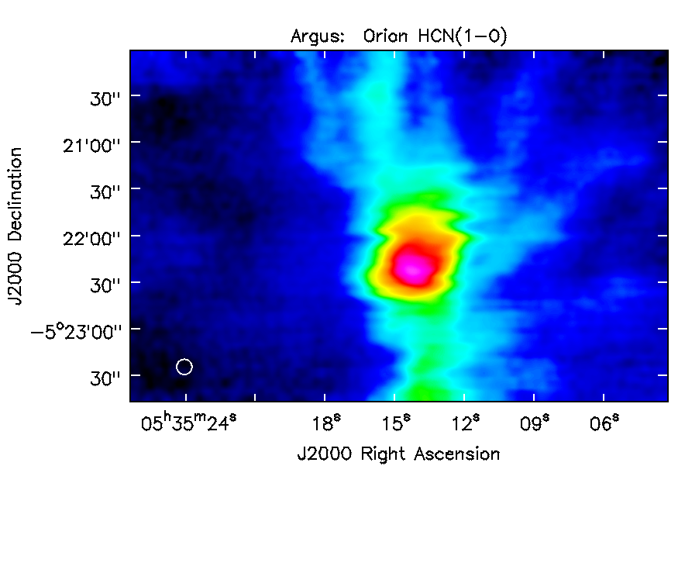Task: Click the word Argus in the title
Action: [318, 36]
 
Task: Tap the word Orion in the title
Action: [386, 36]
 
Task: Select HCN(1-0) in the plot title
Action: [463, 36]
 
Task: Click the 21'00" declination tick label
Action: [91, 145]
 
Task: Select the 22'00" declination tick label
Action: [91, 239]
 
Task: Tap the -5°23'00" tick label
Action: [75, 332]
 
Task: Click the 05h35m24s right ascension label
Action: [189, 423]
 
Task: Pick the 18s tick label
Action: [326, 423]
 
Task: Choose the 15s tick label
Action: [396, 423]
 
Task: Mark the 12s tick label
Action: [465, 423]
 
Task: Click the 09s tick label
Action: [535, 423]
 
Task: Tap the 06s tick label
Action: [604, 423]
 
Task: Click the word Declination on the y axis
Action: [15, 194]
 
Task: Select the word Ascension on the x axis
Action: [457, 454]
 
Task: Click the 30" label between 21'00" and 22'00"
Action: [105, 192]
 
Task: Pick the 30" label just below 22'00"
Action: [105, 285]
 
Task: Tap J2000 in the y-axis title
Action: [15, 278]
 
